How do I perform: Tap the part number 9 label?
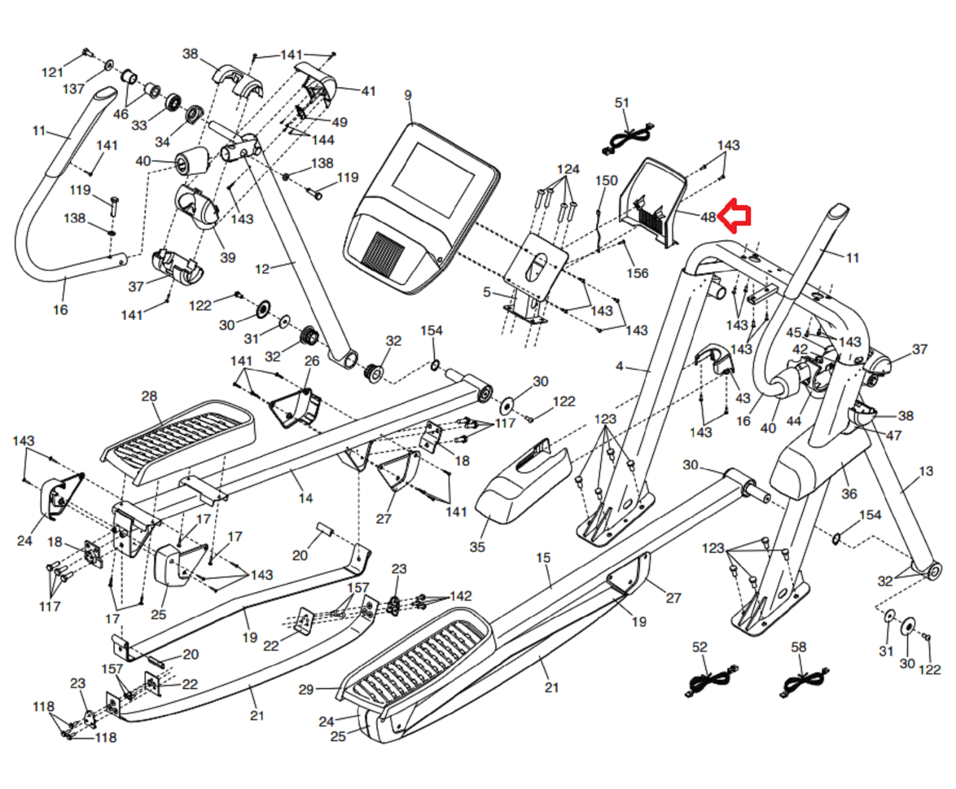407,95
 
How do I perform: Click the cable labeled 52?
710,681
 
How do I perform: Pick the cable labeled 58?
804,681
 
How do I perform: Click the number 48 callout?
708,217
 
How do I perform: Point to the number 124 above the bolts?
568,169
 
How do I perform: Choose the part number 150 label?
606,181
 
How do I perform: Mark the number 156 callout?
637,273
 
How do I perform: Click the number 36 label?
849,494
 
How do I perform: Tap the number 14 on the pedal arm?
305,498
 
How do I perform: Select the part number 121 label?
52,72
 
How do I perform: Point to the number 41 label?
368,91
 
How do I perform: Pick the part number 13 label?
926,471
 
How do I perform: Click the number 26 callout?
312,361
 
